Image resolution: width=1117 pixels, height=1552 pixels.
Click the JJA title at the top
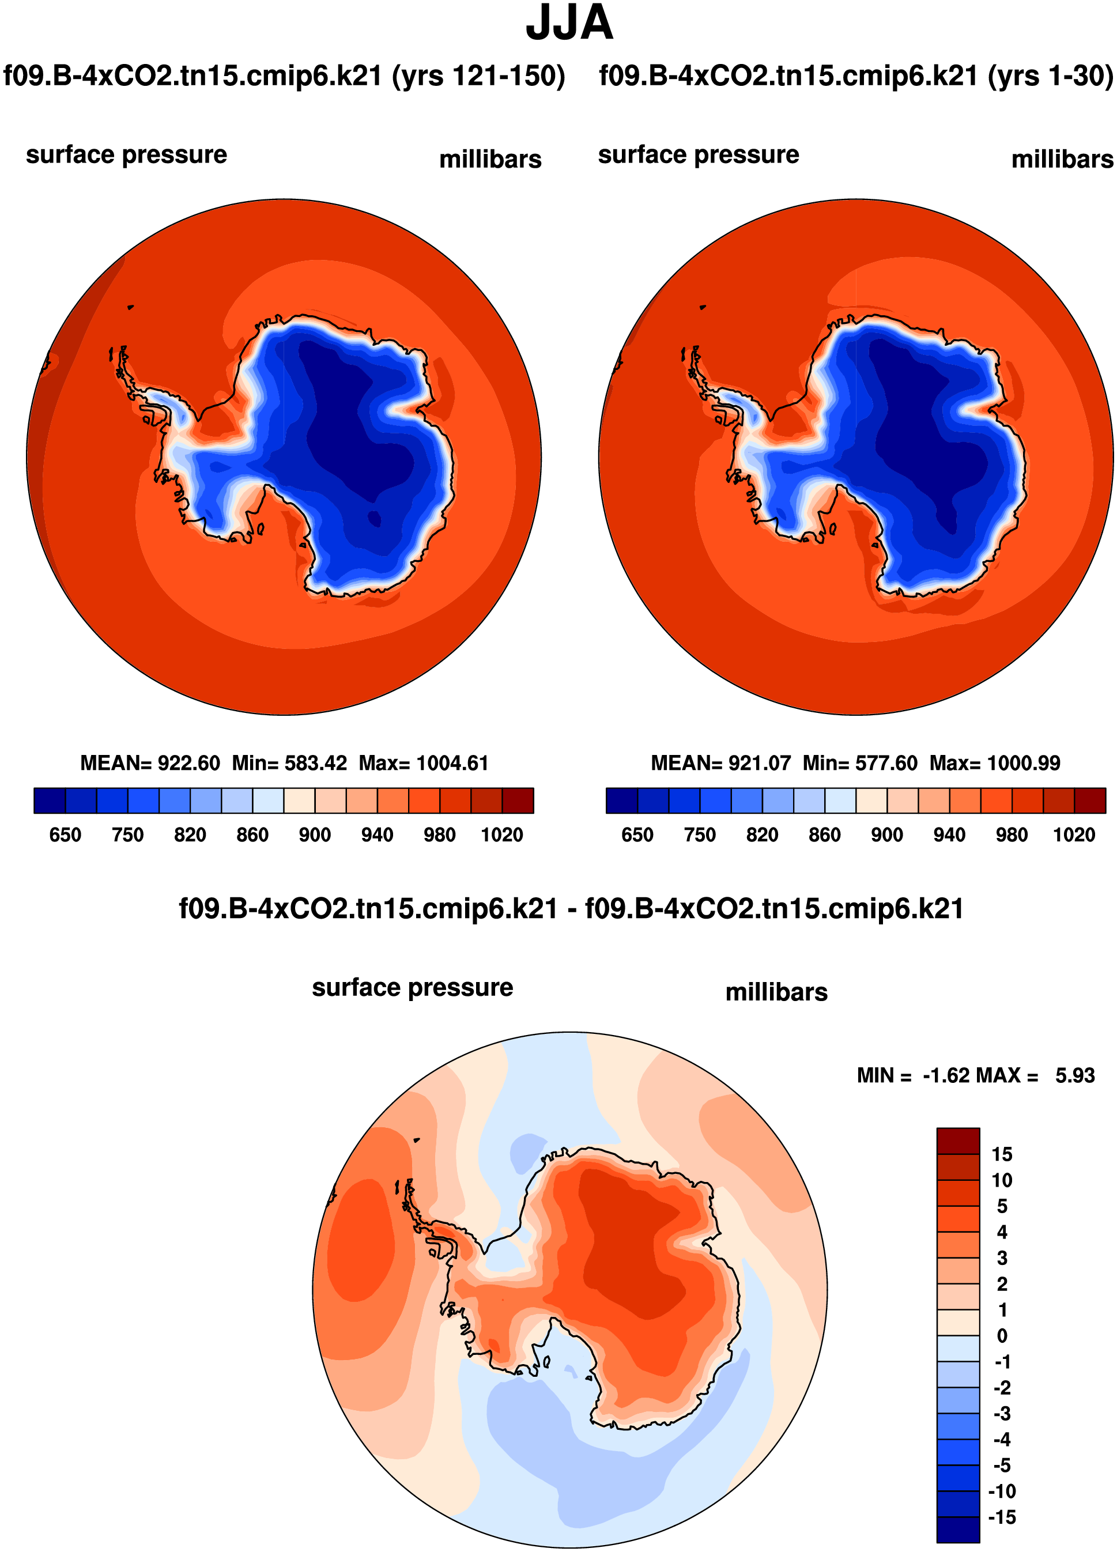click(569, 23)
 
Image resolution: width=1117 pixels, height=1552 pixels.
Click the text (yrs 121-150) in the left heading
click(478, 76)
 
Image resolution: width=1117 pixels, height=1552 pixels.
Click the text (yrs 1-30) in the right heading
click(1050, 76)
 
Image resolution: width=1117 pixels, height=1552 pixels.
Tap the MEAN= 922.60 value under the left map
click(150, 763)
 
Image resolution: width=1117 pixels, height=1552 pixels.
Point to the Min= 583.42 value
click(289, 763)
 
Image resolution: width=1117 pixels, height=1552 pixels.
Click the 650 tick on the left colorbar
click(65, 835)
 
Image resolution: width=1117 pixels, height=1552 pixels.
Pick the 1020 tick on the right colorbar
click(1073, 835)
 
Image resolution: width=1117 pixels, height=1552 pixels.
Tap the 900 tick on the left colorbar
click(315, 835)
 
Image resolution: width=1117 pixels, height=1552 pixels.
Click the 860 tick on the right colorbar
click(824, 835)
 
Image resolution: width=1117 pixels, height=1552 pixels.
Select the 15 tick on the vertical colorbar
click(1001, 1154)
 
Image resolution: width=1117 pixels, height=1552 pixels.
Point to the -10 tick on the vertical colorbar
click(1001, 1491)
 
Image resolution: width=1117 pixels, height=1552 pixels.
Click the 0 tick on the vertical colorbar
click(1001, 1336)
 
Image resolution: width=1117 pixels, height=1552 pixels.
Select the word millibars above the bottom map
click(776, 992)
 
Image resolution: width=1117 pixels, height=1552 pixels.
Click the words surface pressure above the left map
click(127, 154)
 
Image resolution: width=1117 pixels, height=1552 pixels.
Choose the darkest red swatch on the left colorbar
click(518, 800)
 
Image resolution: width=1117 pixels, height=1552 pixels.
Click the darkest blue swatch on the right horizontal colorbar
click(621, 800)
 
